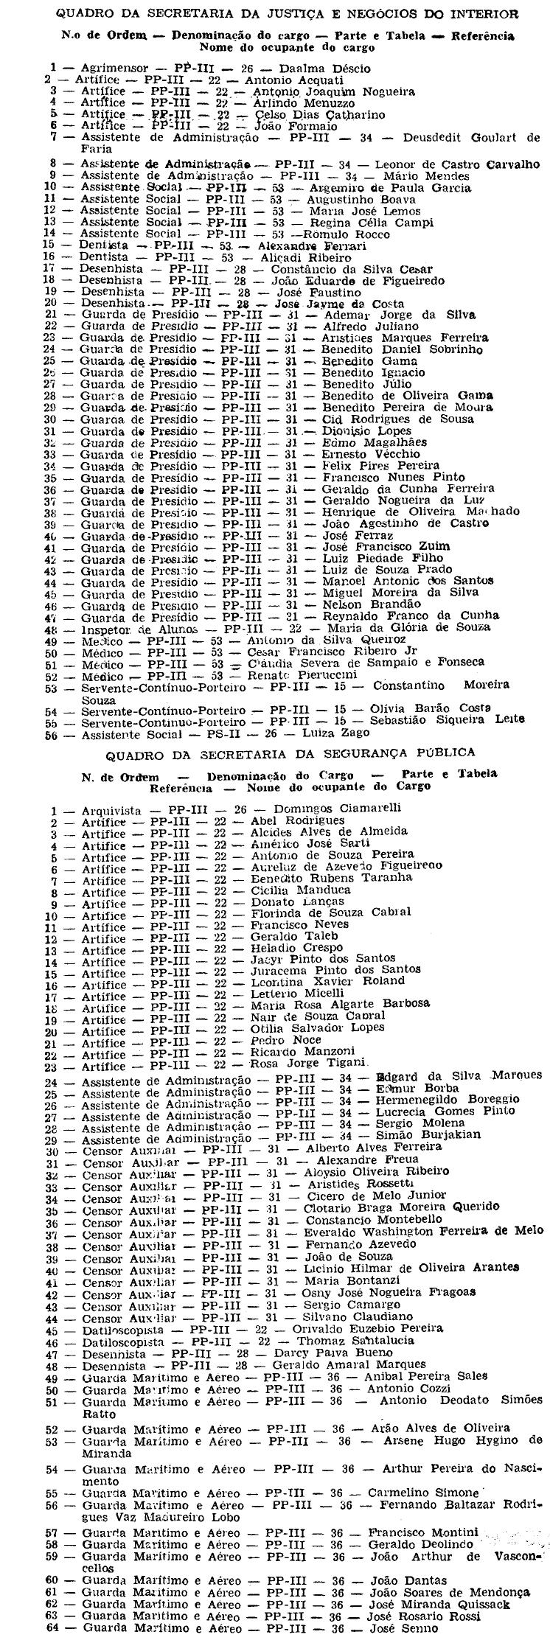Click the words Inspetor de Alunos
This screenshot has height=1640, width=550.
[x=138, y=628]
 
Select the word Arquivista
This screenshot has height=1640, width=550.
[x=111, y=809]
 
